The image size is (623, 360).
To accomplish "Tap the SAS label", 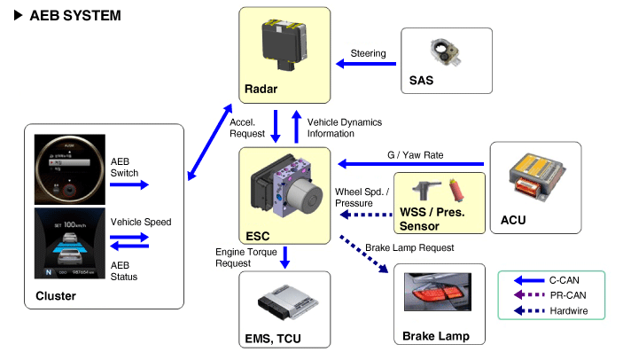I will (x=422, y=82).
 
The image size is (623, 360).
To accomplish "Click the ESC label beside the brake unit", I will (x=257, y=236).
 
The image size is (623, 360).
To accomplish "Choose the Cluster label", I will (x=56, y=295).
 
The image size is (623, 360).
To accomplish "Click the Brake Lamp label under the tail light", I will (x=436, y=336).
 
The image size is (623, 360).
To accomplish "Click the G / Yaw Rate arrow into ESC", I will (x=408, y=163).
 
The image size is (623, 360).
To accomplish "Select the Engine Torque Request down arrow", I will (x=284, y=257).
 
